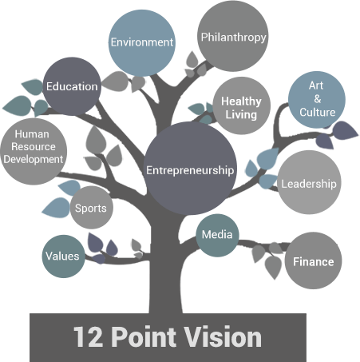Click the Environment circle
click(x=142, y=43)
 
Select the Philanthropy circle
click(x=233, y=36)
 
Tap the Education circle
click(x=72, y=86)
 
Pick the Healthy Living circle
click(x=242, y=105)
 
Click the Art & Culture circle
click(x=317, y=100)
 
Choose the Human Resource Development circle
click(x=34, y=151)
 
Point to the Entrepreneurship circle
click(x=190, y=169)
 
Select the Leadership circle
click(x=309, y=182)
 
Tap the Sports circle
click(x=92, y=208)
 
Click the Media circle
click(x=217, y=235)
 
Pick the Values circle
click(x=63, y=257)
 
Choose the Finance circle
click(x=313, y=261)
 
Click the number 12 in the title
click(x=88, y=336)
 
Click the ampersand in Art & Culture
click(x=317, y=99)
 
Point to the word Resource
click(x=34, y=146)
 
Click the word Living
click(x=241, y=115)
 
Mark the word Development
click(x=34, y=159)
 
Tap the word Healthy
click(x=241, y=101)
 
